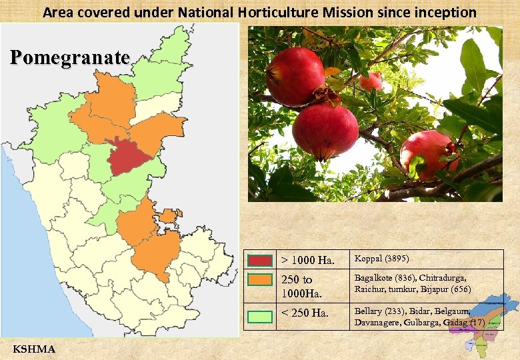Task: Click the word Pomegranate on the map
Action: (70, 58)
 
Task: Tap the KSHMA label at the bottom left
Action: (34, 349)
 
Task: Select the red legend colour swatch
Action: (260, 260)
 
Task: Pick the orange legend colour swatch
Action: (260, 279)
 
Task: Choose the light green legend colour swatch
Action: (260, 317)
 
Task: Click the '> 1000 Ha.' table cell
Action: (307, 259)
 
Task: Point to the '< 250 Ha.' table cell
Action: (305, 312)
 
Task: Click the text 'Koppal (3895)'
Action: (381, 258)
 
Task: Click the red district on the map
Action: (130, 156)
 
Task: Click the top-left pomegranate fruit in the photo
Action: (295, 76)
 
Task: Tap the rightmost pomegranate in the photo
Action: (429, 154)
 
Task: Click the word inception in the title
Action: (449, 12)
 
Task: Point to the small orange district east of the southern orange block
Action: (169, 215)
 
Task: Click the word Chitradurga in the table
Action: (443, 277)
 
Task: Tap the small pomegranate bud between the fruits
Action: (371, 81)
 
